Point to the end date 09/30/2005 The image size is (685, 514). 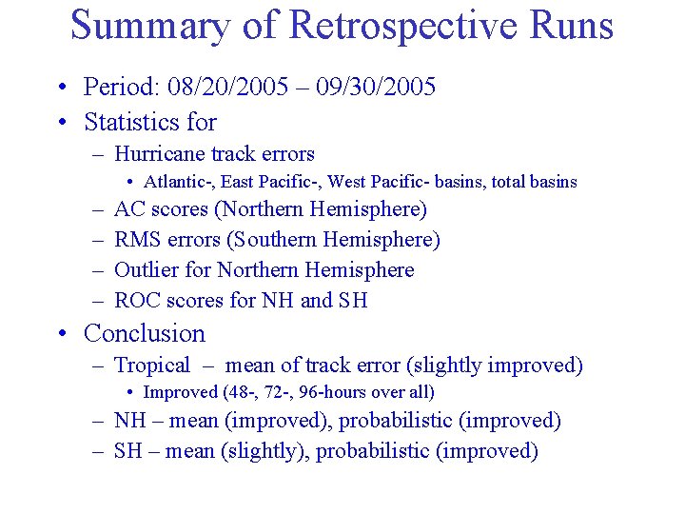coord(381,88)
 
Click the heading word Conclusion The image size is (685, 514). coord(145,334)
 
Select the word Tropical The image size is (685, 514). coord(152,366)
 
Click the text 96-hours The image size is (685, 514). coord(340,392)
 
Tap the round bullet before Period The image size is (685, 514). coord(62,89)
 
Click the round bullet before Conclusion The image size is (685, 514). coord(62,334)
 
